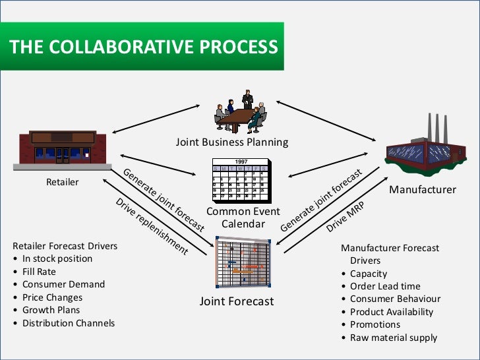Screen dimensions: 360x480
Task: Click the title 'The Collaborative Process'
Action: tap(143, 47)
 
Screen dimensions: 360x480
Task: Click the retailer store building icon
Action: tap(61, 149)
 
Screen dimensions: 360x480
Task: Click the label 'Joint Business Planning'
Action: tap(232, 142)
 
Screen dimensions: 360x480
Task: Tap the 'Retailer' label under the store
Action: tap(62, 182)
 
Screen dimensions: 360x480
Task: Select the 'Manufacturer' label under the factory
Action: tap(422, 190)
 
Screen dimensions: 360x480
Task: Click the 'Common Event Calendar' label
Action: tap(243, 218)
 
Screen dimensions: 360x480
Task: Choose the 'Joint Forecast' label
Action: tap(236, 302)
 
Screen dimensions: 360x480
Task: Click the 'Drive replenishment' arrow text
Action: tap(152, 226)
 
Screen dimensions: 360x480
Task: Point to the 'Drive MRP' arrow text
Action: tap(345, 217)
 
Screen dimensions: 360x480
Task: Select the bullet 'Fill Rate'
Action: tap(39, 272)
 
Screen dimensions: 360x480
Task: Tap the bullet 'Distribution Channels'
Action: tap(69, 323)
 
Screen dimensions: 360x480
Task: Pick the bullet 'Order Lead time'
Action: tap(385, 286)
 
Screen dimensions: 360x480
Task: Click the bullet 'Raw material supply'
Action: tap(394, 338)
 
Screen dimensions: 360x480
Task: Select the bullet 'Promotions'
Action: tap(375, 324)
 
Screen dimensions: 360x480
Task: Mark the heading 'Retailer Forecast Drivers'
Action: tap(65, 246)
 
